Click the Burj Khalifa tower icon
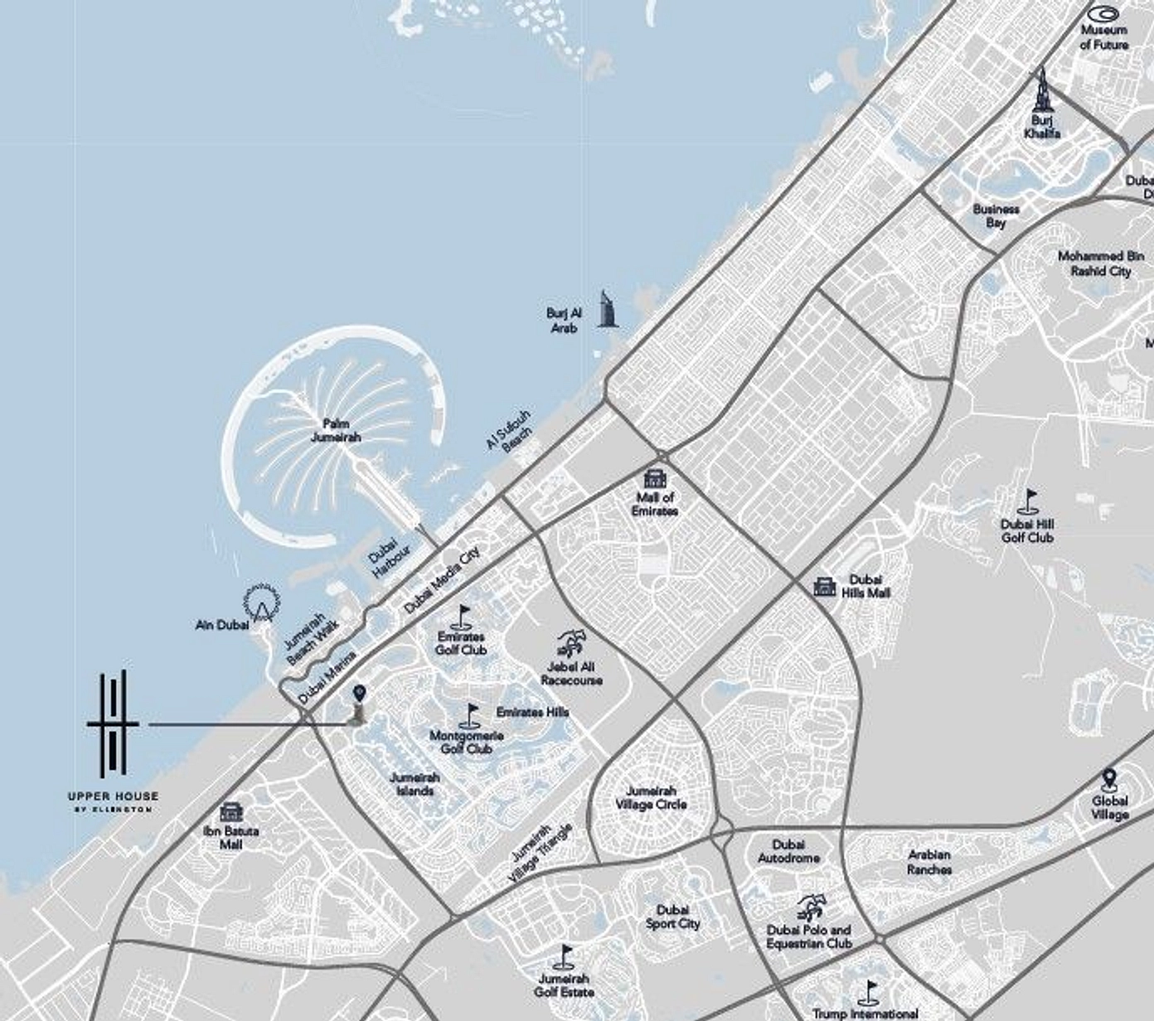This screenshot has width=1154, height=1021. (1041, 91)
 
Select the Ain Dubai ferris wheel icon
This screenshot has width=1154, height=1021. (261, 602)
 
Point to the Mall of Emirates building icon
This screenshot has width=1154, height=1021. (655, 478)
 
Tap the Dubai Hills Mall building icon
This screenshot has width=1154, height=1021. (824, 587)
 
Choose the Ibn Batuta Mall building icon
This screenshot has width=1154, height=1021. (231, 811)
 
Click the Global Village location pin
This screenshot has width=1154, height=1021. (1109, 780)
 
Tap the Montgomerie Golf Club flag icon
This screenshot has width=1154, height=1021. (470, 714)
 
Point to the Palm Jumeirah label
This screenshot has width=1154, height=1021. (337, 429)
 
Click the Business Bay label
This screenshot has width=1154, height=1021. (996, 215)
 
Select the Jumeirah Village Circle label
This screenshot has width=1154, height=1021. (652, 797)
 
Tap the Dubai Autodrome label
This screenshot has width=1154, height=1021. (788, 851)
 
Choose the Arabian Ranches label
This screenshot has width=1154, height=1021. (929, 862)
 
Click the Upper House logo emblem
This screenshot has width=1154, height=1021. (114, 723)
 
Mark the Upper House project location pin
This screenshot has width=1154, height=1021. (359, 694)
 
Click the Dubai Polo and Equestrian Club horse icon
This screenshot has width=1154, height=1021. (809, 907)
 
